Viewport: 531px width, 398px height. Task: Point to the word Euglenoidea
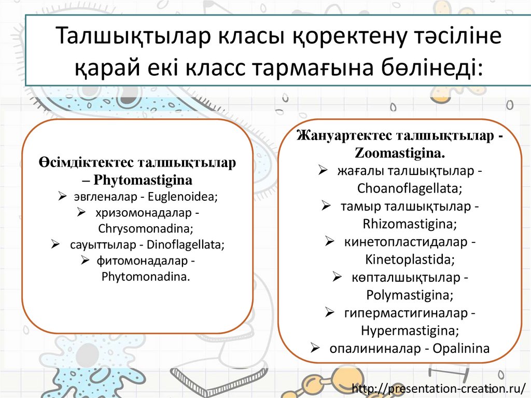(x=183, y=197)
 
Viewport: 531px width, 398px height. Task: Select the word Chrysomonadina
(x=145, y=228)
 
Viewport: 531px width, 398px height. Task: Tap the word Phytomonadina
(x=146, y=276)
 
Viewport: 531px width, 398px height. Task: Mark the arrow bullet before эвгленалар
(x=62, y=197)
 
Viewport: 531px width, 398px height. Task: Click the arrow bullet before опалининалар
(x=315, y=348)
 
